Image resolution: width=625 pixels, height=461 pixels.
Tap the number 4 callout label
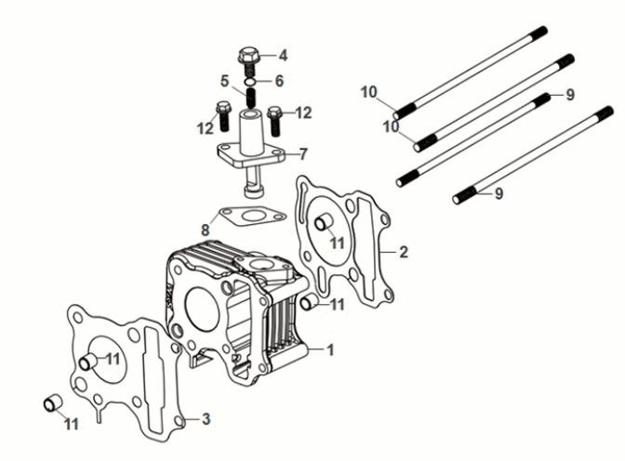[283, 55]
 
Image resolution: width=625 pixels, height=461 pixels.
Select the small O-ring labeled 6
[249, 80]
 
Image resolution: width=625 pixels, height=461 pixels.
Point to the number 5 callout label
[225, 80]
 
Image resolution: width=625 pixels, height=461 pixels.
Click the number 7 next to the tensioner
[303, 153]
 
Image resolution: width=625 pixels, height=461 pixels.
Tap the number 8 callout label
[205, 229]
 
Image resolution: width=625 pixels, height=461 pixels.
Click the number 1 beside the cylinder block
[328, 350]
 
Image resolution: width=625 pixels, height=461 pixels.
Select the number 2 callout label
[403, 251]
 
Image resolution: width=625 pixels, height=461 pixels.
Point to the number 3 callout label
[206, 419]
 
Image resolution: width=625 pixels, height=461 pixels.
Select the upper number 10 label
[369, 91]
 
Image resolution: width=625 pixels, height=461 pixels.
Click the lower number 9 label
[499, 193]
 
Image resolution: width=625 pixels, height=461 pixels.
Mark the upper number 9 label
[570, 94]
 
